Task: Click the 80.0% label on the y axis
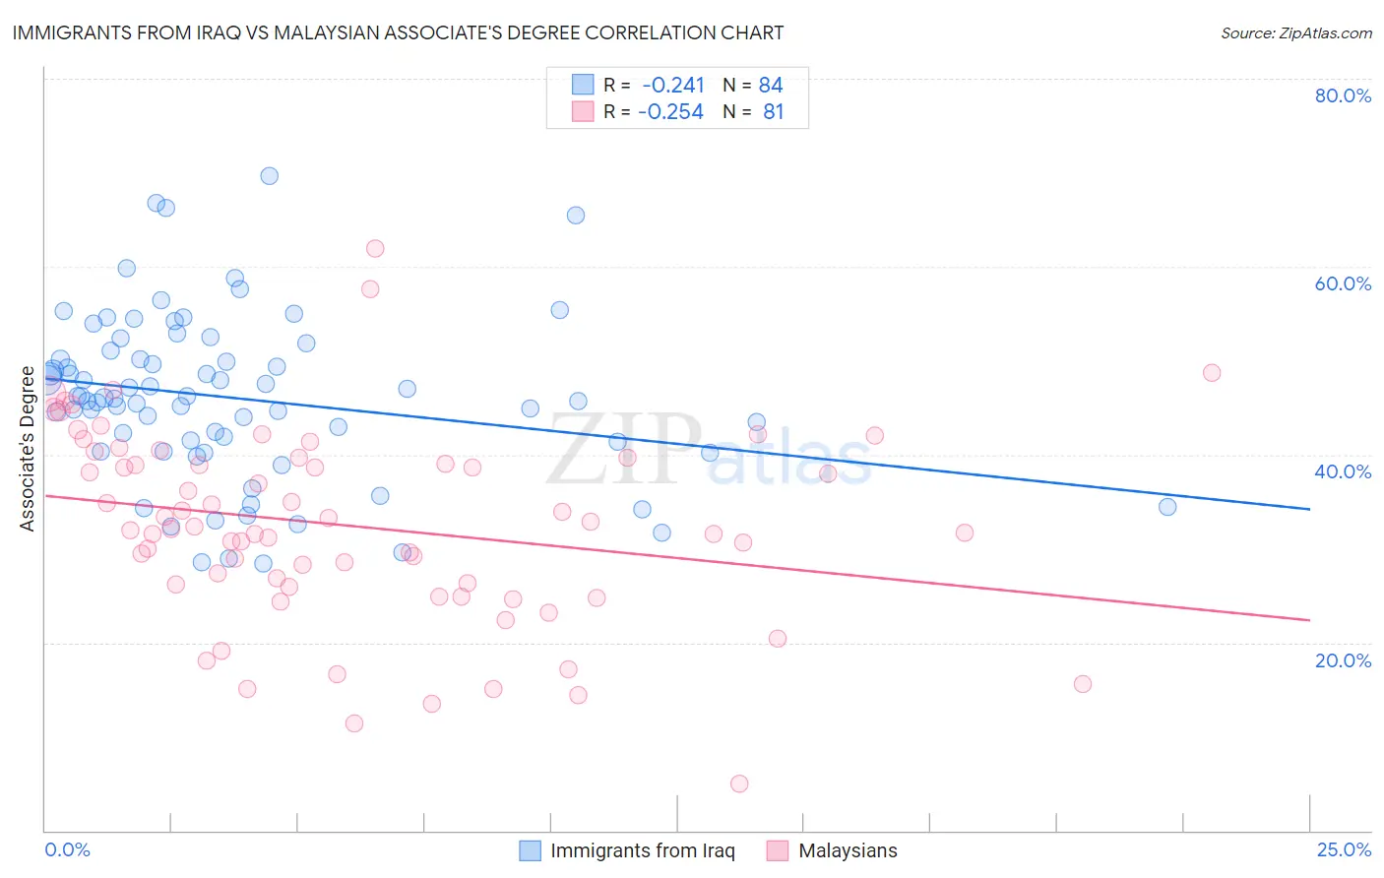1343,95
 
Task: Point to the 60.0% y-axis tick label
1343,283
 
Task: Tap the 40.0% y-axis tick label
1343,471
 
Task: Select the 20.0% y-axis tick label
1343,659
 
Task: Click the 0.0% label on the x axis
67,849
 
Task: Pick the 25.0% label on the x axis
1344,849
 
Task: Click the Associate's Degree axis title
28,449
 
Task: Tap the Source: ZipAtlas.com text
1295,32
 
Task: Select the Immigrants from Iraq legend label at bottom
642,850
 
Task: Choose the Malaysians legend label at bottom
848,850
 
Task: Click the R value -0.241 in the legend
673,86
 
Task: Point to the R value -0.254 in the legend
670,112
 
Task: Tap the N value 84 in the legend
771,86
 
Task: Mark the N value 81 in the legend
774,112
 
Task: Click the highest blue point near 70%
269,176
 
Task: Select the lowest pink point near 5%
739,784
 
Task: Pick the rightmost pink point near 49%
1212,373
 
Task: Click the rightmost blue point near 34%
1167,507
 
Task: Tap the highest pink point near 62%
375,248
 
